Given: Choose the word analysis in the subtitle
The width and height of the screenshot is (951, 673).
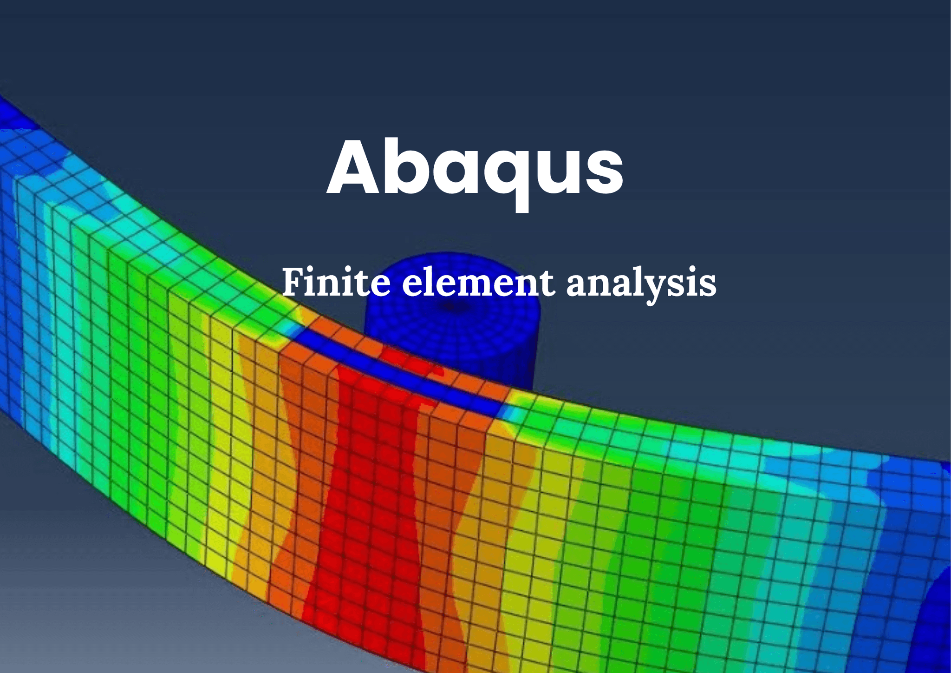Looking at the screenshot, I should point(641,284).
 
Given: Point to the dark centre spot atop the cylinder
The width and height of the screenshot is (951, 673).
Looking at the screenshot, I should point(449,307).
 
